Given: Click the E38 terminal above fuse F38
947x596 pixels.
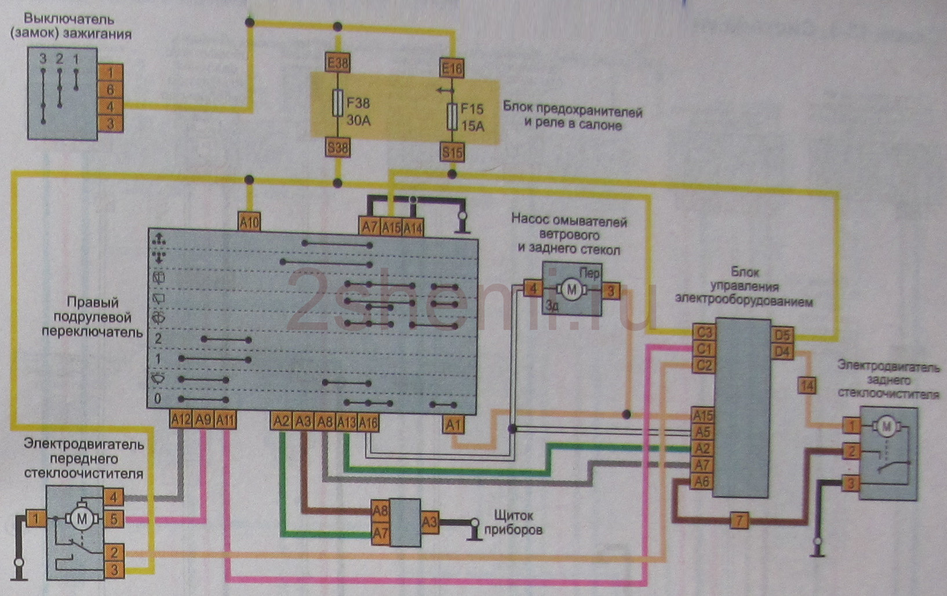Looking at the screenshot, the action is [x=337, y=63].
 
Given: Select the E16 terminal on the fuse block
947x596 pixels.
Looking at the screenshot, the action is [x=452, y=68].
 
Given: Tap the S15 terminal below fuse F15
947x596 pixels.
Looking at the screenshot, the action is [x=452, y=152].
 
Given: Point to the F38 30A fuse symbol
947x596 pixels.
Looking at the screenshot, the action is [x=337, y=103].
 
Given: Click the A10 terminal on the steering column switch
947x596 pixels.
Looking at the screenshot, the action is [x=249, y=221].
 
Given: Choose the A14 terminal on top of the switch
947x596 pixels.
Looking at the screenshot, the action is [x=413, y=228].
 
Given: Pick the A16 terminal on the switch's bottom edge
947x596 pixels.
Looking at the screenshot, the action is [x=368, y=422].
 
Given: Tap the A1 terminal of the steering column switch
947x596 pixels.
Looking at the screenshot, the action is [x=454, y=425].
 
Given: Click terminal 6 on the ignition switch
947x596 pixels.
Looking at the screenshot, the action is [x=110, y=90].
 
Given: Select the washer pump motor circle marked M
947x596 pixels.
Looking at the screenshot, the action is [x=571, y=290].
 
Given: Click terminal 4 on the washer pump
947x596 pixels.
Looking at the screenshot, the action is [x=533, y=289].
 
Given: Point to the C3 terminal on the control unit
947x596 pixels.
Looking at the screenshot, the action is [x=704, y=332].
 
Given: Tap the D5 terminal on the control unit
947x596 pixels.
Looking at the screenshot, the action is [x=782, y=336].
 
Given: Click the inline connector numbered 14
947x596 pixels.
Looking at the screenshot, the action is [x=807, y=386].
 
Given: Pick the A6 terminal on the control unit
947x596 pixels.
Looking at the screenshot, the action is [x=702, y=481].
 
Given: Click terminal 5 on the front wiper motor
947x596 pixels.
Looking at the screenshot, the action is [x=114, y=519].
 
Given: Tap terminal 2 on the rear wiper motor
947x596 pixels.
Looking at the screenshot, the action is [x=851, y=451].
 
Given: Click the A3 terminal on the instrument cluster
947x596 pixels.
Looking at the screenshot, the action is [x=429, y=522].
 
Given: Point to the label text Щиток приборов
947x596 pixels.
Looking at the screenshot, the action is [x=513, y=522].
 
